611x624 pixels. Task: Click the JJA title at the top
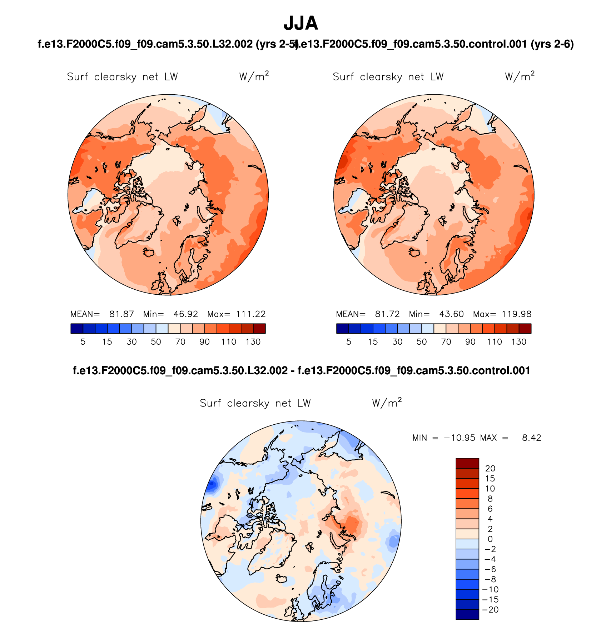point(300,24)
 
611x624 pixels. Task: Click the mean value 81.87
point(121,314)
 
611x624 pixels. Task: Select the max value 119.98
point(516,314)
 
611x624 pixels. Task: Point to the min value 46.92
point(185,314)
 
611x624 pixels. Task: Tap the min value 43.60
point(451,314)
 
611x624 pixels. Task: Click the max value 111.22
point(250,314)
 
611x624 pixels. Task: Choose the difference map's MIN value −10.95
point(460,438)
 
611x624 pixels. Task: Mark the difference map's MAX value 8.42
point(531,438)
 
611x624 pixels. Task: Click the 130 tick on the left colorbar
point(253,342)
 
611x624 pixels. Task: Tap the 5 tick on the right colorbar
point(349,342)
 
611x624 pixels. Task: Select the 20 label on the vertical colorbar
point(490,469)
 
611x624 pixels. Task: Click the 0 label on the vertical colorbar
point(490,539)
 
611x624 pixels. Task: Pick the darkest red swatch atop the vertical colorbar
point(467,463)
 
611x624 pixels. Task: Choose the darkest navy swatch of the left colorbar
point(77,329)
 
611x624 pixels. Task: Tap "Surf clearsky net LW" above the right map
point(388,77)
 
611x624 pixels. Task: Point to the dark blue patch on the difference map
point(212,485)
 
